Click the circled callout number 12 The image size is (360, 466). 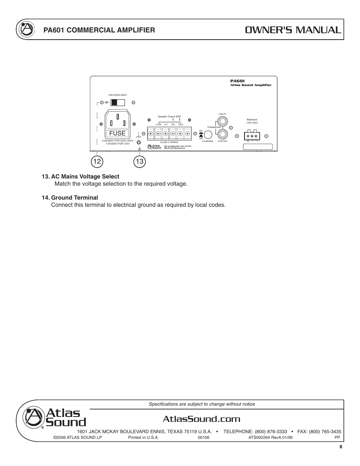pos(97,162)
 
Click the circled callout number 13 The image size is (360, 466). pos(140,162)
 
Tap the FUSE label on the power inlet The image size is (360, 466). pos(117,133)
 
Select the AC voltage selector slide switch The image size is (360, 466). pos(117,102)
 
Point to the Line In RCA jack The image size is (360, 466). pos(223,121)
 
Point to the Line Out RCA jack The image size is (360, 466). pos(223,134)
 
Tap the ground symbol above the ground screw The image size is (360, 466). pos(139,135)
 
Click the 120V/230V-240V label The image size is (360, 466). pos(117,95)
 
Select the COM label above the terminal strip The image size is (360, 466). pos(158,124)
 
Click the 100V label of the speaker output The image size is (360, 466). pos(180,124)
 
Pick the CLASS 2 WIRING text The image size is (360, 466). pos(169,142)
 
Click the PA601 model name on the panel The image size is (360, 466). pos(237,81)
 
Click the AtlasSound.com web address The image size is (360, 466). pos(202,419)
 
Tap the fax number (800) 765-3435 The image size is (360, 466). pos(325,431)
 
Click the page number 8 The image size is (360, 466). pos(341,447)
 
